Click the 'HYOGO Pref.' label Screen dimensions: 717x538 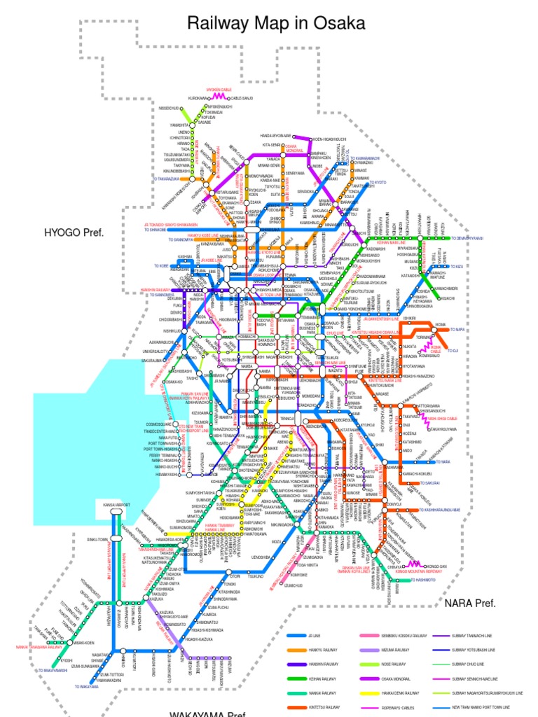click(x=74, y=231)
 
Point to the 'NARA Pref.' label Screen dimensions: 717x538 click(x=470, y=603)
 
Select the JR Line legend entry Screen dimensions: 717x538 click(x=314, y=636)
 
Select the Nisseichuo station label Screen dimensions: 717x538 click(x=170, y=109)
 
